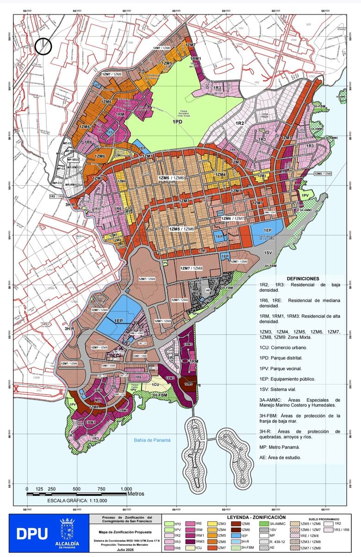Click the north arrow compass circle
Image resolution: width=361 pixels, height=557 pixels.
[x=43, y=46]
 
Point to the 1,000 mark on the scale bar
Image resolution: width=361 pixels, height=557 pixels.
[x=126, y=489]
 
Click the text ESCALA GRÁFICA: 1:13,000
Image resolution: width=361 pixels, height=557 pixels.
[x=77, y=501]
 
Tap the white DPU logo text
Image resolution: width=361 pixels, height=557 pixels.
[x=32, y=533]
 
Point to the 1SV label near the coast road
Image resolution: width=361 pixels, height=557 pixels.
[x=268, y=253]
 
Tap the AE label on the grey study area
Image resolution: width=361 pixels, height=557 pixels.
[x=208, y=291]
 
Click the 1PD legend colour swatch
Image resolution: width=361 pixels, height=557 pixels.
[x=170, y=524]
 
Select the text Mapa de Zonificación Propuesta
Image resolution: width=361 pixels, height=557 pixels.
[x=120, y=532]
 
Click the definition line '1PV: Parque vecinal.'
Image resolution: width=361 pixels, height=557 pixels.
[x=287, y=369]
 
